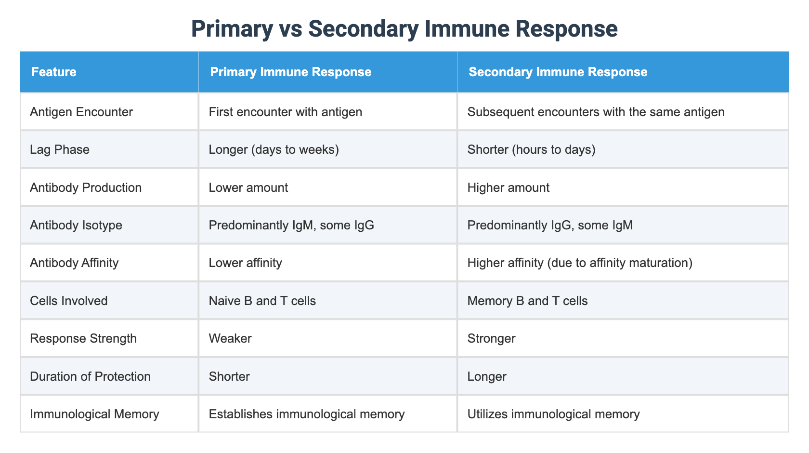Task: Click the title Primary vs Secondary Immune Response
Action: (x=404, y=28)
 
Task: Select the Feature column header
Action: (x=54, y=72)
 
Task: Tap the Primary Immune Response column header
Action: (x=291, y=72)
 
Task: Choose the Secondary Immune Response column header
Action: (x=558, y=72)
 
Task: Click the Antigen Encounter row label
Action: (x=81, y=112)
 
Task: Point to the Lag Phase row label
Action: (x=60, y=149)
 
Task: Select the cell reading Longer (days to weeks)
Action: (x=274, y=149)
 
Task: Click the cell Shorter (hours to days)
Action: (x=531, y=149)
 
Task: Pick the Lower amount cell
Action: (x=248, y=187)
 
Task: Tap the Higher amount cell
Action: (x=508, y=187)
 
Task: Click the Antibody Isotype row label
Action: (x=76, y=225)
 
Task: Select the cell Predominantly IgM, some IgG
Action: (x=291, y=225)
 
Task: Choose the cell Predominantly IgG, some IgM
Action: (x=550, y=225)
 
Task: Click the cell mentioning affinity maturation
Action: (x=580, y=263)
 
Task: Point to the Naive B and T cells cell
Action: (x=262, y=301)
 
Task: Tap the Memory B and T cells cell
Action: (x=527, y=301)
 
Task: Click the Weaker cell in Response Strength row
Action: (x=230, y=338)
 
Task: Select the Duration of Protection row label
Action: (x=90, y=376)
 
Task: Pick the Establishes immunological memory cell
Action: (x=307, y=414)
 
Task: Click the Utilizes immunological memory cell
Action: (x=553, y=414)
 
